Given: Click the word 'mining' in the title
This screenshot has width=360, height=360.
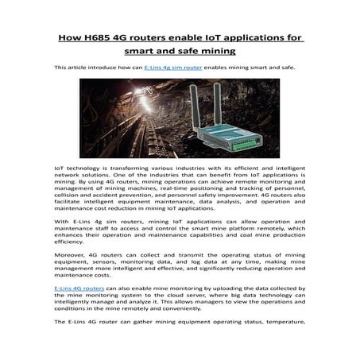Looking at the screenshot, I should (212, 53).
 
